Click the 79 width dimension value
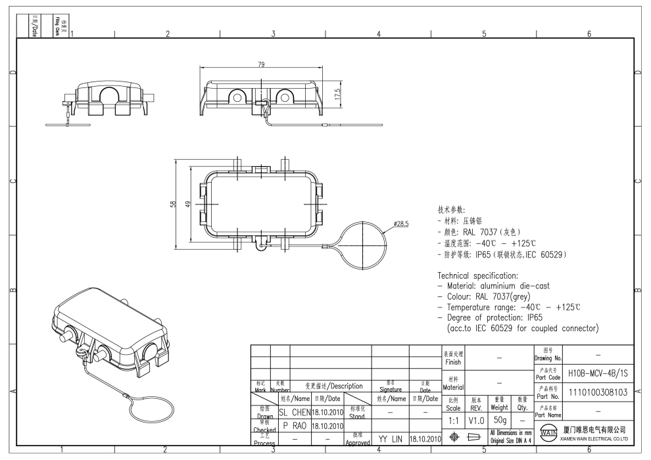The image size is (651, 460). pyautogui.click(x=261, y=64)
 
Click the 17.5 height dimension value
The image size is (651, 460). pyautogui.click(x=337, y=95)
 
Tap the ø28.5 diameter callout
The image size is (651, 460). pyautogui.click(x=400, y=223)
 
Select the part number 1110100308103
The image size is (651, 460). pyautogui.click(x=598, y=393)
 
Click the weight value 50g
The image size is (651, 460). pyautogui.click(x=499, y=419)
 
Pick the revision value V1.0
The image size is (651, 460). pyautogui.click(x=477, y=419)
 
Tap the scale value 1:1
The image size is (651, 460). pyautogui.click(x=453, y=419)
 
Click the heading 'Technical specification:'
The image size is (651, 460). pyautogui.click(x=478, y=275)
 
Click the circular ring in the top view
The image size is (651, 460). pyautogui.click(x=364, y=243)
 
